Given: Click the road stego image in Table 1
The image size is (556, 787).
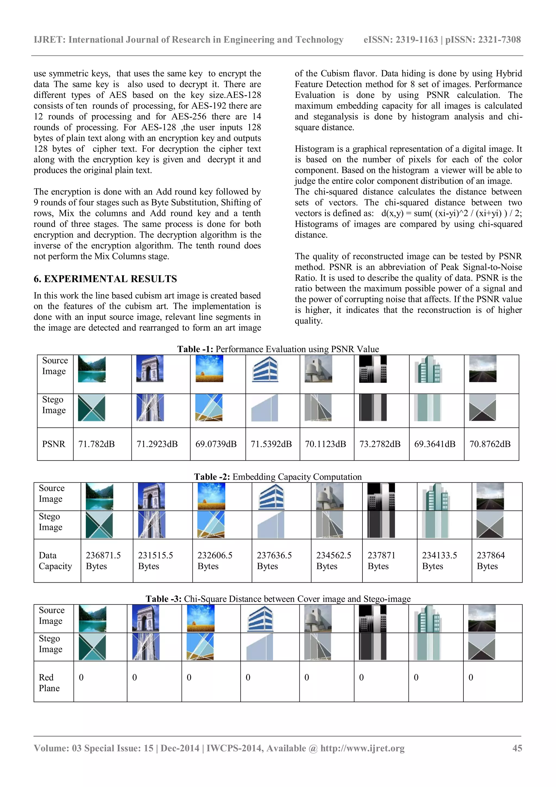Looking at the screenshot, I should (x=482, y=408).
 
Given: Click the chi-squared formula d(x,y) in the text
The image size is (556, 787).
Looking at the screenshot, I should (x=451, y=213).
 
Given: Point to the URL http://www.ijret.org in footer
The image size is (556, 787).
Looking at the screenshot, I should (x=362, y=748).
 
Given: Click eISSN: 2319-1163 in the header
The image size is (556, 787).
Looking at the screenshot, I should (x=400, y=40).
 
